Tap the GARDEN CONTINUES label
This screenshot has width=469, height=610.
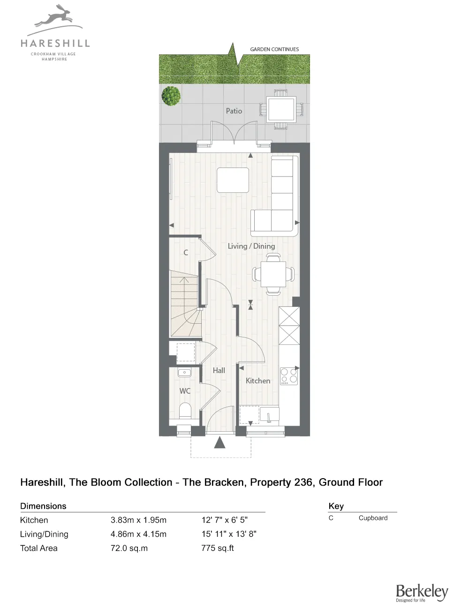tap(274, 49)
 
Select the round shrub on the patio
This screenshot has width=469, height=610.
tap(171, 96)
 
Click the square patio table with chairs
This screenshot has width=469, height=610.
tap(281, 110)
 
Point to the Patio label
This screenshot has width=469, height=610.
tap(234, 111)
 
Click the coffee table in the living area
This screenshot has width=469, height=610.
tap(233, 180)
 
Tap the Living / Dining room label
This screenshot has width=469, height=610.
tap(251, 246)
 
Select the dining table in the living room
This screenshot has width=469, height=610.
tap(273, 274)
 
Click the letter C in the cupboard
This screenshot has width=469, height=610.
tap(186, 252)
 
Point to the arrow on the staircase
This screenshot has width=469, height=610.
tap(184, 282)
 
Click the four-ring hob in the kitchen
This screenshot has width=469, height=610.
tap(289, 376)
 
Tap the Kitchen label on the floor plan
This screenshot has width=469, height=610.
tap(258, 381)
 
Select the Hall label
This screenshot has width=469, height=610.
tap(219, 371)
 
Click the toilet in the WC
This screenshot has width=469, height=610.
tap(185, 411)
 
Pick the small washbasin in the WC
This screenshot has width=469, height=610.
tap(184, 373)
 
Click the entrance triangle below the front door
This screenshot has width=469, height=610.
tap(219, 442)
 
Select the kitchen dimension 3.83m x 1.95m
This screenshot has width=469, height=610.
tap(138, 520)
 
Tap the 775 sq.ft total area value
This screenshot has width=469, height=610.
tap(218, 548)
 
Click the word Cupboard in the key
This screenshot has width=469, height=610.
tap(373, 518)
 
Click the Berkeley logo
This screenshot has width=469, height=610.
tap(422, 593)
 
